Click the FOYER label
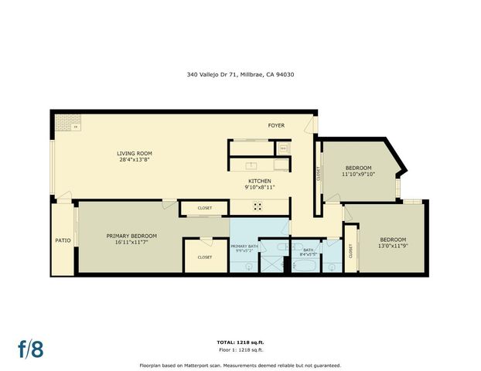click(x=276, y=125)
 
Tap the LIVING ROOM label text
click(x=134, y=154)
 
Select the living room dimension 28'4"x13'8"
click(x=134, y=161)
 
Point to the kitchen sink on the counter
click(x=251, y=165)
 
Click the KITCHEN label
click(x=259, y=180)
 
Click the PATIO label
click(x=63, y=240)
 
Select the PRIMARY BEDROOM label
click(x=131, y=235)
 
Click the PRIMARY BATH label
click(x=244, y=246)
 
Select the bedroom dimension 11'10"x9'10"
click(x=358, y=175)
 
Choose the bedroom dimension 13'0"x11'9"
click(x=393, y=247)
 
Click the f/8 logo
click(x=31, y=348)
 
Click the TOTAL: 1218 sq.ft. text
click(x=240, y=342)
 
